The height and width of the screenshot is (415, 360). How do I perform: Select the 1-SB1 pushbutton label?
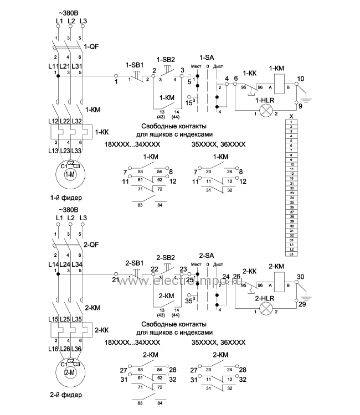coord(135,65)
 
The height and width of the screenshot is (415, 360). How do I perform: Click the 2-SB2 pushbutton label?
coord(166,257)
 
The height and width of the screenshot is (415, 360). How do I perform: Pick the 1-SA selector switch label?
coord(207,57)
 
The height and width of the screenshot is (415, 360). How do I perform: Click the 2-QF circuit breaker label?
coord(91,243)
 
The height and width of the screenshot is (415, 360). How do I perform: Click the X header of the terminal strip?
coord(291,115)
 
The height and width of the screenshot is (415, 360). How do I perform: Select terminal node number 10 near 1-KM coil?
coord(301,79)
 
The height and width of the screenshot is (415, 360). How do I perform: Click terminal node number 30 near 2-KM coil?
coord(301,277)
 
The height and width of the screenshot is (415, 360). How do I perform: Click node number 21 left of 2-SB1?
coord(115,281)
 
